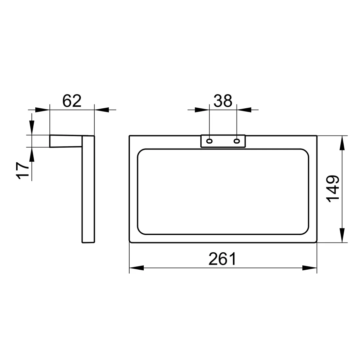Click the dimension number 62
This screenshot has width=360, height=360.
[72, 101]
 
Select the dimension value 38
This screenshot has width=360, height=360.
[223, 101]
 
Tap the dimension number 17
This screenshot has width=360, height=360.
[23, 171]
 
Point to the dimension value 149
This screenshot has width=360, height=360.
[333, 189]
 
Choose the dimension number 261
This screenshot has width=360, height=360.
[222, 259]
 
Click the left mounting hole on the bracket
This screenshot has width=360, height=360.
[209, 141]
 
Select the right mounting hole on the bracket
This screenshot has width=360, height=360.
[237, 141]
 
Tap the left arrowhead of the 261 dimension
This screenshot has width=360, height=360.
[136, 268]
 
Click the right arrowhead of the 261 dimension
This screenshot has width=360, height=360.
[310, 268]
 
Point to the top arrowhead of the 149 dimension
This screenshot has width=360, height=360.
[342, 143]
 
